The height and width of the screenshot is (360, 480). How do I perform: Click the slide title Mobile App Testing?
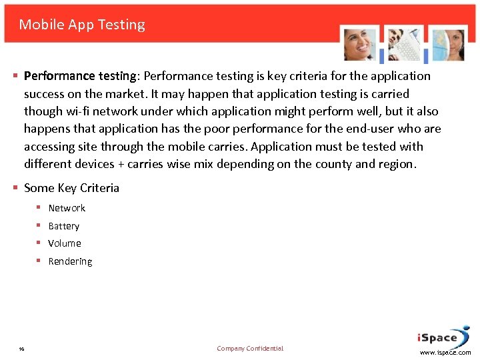(82, 25)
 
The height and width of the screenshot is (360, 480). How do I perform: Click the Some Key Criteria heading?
(71, 188)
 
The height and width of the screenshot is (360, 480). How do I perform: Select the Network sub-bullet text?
(67, 208)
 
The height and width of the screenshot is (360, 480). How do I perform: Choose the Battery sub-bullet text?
(64, 226)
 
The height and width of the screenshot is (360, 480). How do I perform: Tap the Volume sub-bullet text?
(65, 243)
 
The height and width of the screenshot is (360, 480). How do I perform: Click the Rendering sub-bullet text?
(70, 261)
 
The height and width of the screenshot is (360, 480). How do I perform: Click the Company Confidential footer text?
(250, 349)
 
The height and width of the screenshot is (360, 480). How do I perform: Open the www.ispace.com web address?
(445, 353)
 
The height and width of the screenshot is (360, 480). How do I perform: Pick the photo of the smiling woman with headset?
(360, 45)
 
